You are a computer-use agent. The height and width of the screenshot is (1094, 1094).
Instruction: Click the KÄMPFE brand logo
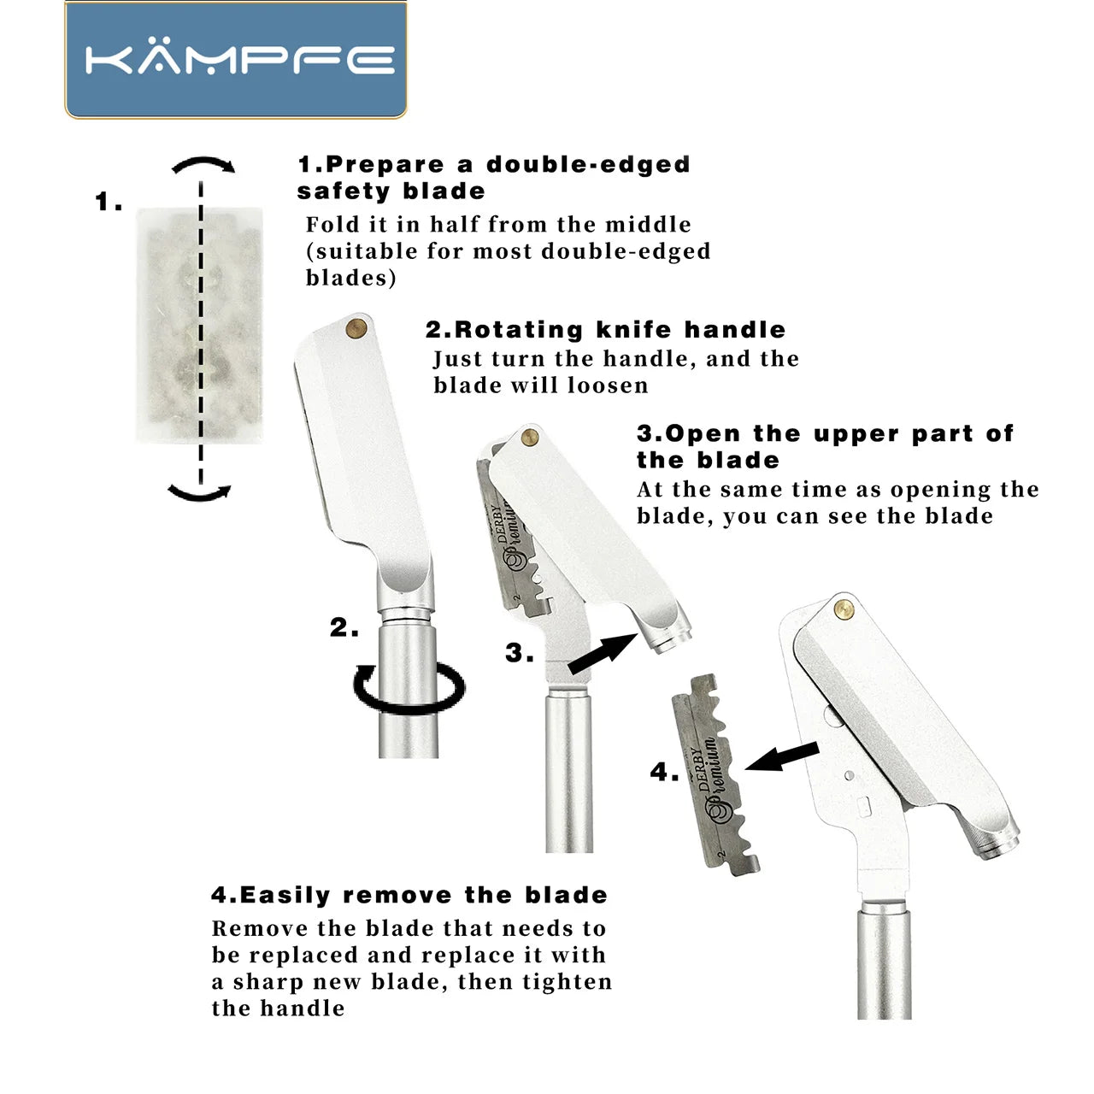coord(236,60)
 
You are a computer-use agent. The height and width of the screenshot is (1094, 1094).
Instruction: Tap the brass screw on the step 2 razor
coord(356,327)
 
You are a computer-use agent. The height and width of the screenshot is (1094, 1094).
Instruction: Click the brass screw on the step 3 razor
coord(529,438)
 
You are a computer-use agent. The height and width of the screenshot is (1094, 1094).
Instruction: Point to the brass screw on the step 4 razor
coord(844,609)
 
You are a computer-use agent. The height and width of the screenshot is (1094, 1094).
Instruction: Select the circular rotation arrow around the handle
coord(409,689)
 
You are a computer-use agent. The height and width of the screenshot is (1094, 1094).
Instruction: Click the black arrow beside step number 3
coord(603,654)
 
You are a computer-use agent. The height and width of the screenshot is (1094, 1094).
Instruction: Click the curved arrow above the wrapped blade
coord(203,164)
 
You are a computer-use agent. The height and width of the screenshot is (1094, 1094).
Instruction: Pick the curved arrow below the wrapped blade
coord(200,492)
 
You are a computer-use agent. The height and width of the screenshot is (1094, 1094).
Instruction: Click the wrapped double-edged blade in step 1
coord(200,325)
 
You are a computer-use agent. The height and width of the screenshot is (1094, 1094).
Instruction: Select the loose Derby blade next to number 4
coord(715,774)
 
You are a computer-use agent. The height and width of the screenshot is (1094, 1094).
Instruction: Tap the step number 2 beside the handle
coord(343,628)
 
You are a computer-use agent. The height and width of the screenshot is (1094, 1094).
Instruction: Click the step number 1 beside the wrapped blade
coord(108,203)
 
